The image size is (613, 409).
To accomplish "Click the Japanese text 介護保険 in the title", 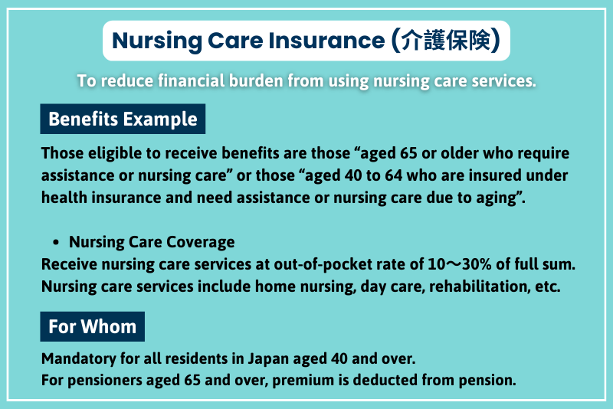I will tap(446, 41).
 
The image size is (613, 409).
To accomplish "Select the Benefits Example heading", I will tap(123, 119).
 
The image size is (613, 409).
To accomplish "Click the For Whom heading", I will tap(92, 326).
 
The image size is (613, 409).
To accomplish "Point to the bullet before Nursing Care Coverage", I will tap(57, 242).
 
